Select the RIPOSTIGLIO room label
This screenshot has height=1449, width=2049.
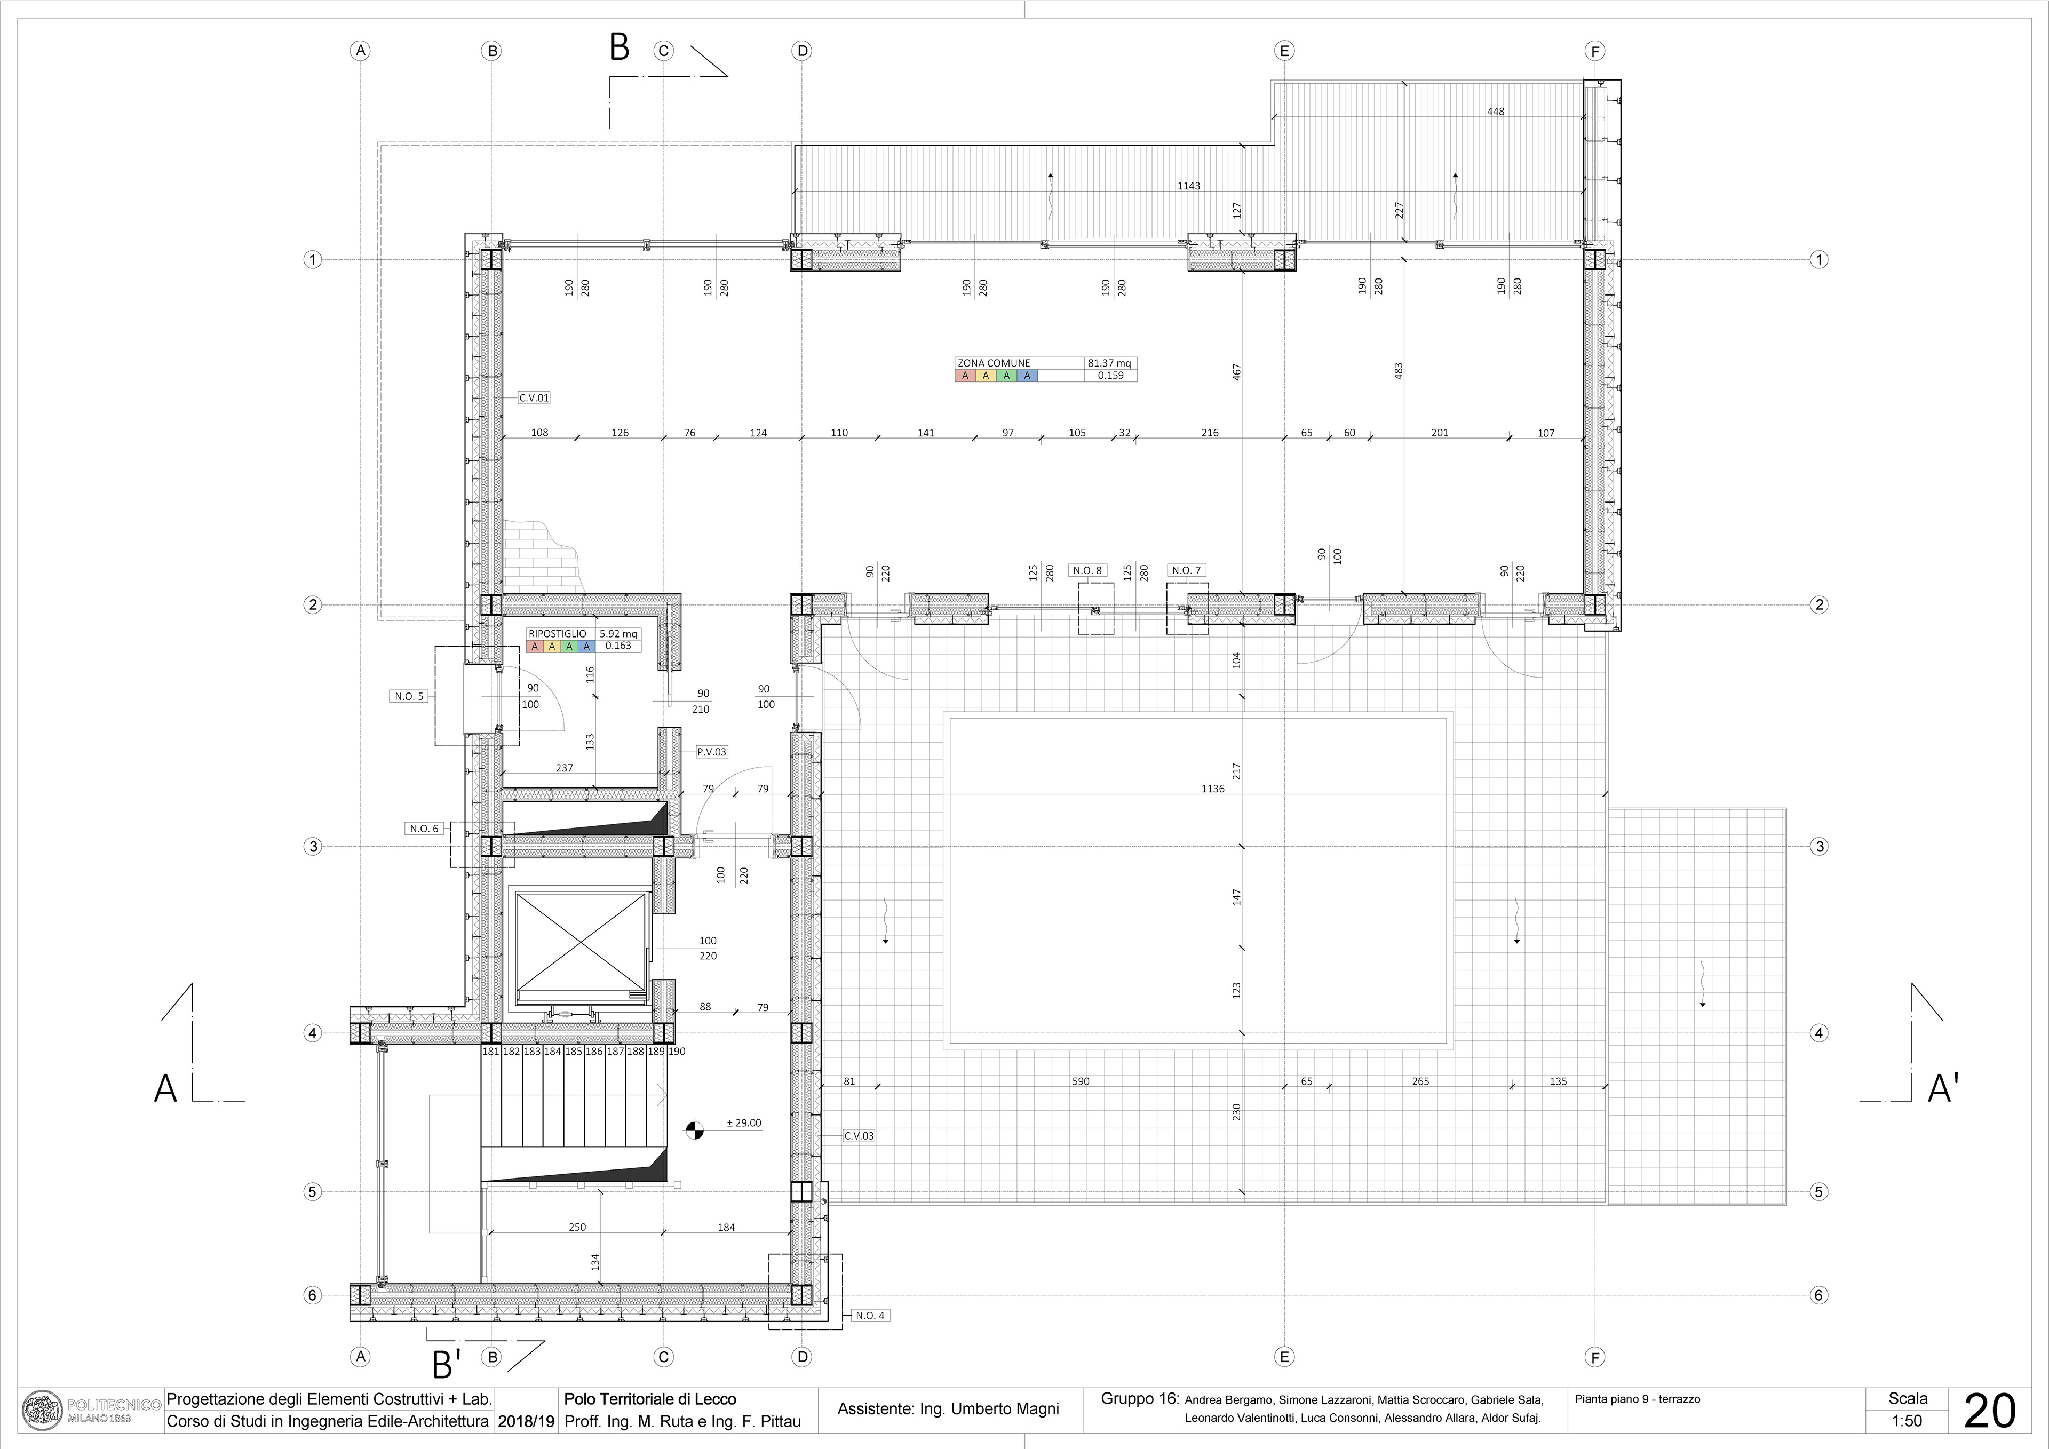(x=557, y=633)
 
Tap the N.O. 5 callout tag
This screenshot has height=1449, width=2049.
(x=410, y=696)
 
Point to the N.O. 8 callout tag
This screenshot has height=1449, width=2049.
(x=1087, y=570)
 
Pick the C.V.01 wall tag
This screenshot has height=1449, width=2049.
(x=534, y=398)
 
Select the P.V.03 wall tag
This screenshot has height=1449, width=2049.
(x=711, y=752)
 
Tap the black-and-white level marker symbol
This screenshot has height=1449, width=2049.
(x=694, y=1130)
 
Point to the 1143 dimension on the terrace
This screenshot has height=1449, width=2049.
(x=1189, y=187)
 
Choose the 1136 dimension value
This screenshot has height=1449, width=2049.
(x=1213, y=789)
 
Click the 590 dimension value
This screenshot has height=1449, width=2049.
(x=1081, y=1081)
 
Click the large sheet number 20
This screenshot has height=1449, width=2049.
(x=1991, y=1412)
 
